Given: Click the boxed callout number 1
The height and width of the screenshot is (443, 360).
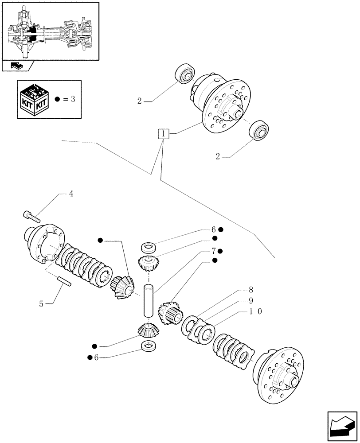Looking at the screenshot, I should point(164,133).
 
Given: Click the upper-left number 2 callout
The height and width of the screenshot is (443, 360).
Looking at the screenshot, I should point(139,101).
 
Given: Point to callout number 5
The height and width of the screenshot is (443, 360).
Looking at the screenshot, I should point(41,304).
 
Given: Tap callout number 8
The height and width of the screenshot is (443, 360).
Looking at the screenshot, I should point(250,291).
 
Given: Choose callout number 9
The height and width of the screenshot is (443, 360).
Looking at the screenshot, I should point(250,301).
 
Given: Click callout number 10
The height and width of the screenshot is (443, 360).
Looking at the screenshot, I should point(256,312).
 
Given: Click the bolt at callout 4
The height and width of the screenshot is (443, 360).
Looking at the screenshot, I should point(31,216).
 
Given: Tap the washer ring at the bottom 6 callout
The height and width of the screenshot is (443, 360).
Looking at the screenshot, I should point(148,346).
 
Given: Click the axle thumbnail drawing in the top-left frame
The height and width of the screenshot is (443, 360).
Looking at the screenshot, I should point(50,31).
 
